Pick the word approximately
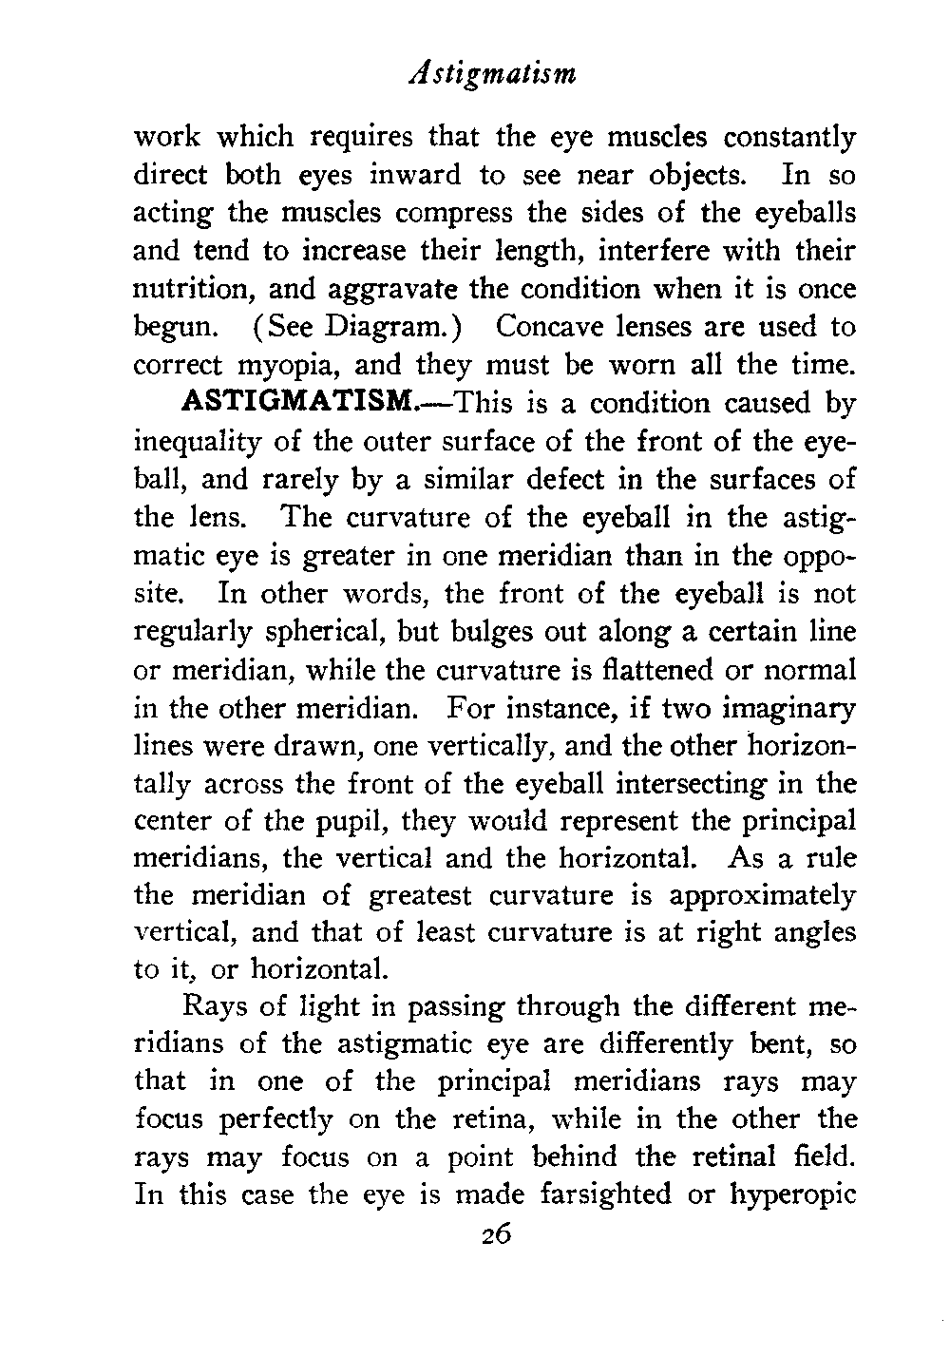(x=762, y=897)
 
